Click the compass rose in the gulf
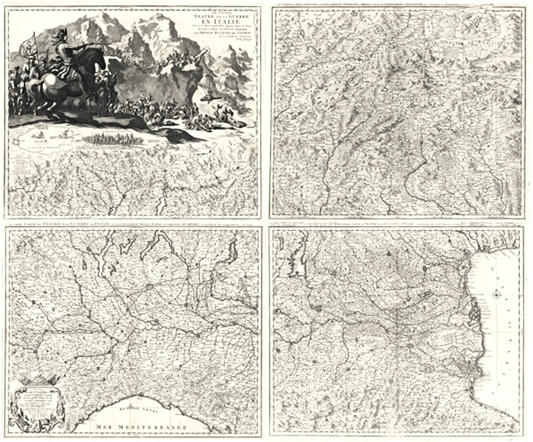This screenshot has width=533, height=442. (497, 296)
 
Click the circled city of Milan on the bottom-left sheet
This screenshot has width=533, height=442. (150, 287)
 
